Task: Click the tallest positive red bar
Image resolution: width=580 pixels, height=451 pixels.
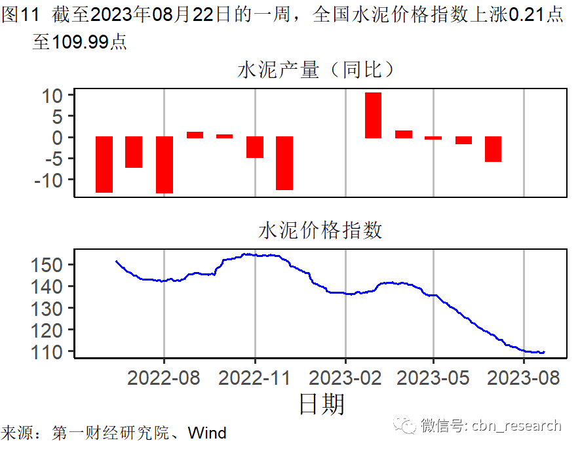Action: pos(373,115)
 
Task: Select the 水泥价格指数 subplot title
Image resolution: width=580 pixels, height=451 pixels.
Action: pos(320,231)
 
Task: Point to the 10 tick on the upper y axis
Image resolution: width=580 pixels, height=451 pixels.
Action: pos(53,96)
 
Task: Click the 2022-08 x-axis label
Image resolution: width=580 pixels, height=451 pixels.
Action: pos(164,378)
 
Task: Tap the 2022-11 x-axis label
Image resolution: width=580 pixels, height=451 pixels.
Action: pos(254,378)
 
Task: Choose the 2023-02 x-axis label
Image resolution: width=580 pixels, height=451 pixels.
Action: pos(345,378)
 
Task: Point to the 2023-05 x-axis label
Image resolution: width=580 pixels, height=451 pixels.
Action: pos(433,378)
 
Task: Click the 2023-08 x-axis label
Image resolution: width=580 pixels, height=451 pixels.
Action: pos(524,378)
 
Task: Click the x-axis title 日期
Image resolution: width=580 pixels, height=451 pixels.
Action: pos(321,404)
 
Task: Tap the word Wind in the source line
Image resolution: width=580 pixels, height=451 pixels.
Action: pos(207,433)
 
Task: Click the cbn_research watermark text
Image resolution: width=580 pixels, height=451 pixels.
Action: pos(517,425)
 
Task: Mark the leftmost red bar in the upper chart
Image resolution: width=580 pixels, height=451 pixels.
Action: pos(104,165)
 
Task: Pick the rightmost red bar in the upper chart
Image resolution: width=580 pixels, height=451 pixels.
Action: pos(493,149)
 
